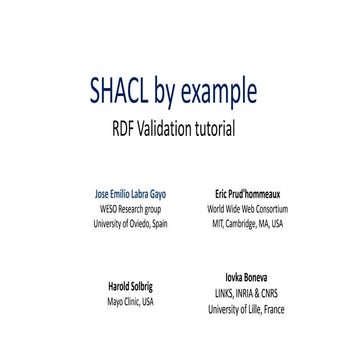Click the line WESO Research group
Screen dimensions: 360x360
129,209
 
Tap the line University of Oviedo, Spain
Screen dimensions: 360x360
129,224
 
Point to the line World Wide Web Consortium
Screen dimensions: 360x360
247,209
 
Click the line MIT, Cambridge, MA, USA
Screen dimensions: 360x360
247,224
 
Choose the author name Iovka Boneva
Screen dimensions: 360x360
246,276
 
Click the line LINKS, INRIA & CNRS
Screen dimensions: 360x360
246,293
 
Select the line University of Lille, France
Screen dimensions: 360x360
246,310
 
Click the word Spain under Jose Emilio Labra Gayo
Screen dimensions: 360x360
159,224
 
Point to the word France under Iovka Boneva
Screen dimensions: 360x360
273,310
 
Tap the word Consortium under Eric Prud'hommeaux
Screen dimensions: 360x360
271,209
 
